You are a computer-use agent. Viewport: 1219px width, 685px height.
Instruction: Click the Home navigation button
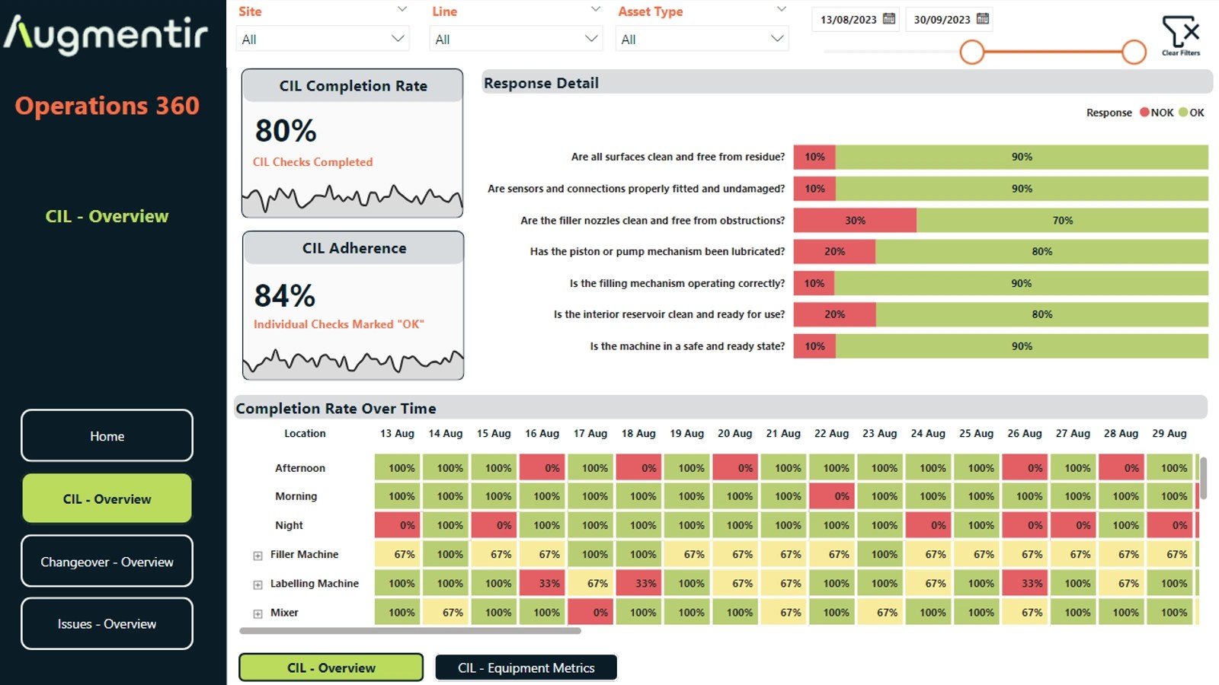pos(107,435)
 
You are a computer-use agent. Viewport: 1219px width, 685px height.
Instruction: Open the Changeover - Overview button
pos(107,561)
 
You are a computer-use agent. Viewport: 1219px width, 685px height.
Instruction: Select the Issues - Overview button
pos(107,623)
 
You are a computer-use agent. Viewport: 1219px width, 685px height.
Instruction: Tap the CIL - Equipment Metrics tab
pos(526,667)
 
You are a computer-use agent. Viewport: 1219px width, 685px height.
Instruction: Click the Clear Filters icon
pos(1181,36)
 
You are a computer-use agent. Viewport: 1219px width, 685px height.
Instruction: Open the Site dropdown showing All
pos(323,39)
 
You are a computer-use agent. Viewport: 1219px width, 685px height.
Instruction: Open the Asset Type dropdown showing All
pos(702,39)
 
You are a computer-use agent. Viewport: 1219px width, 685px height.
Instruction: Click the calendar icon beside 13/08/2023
pos(888,19)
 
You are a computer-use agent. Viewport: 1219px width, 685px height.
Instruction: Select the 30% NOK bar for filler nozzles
pos(855,220)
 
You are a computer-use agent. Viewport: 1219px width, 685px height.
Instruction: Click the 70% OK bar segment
pos(1062,220)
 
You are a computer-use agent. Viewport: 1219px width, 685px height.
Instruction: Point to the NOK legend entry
pos(1157,113)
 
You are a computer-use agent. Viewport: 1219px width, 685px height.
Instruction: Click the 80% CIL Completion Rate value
pos(286,131)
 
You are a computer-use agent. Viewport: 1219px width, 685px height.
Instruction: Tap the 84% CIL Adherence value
pos(285,296)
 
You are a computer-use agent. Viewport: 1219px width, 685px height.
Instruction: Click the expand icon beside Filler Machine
pos(258,556)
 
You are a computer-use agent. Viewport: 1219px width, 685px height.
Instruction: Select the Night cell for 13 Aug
pos(397,525)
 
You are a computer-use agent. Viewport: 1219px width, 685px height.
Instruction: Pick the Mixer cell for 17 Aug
pos(590,612)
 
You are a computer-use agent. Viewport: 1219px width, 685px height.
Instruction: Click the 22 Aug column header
pos(831,433)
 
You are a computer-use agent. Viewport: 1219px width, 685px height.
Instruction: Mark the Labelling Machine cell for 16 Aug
pos(542,583)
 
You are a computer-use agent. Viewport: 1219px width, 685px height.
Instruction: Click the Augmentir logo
pos(106,34)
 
